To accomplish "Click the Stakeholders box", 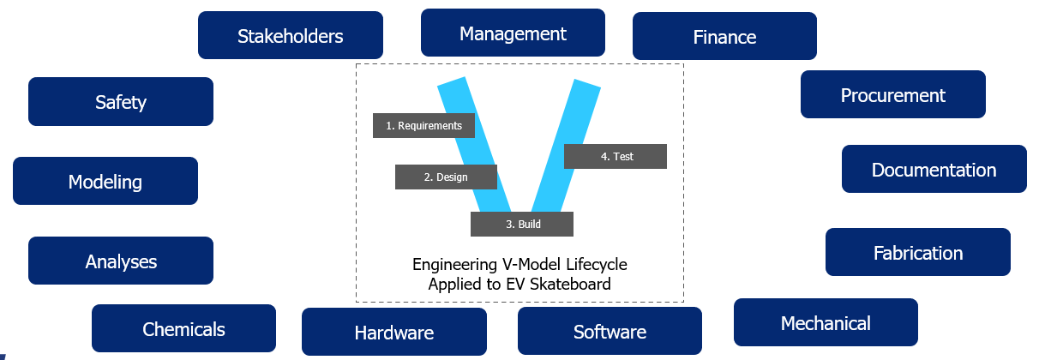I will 290,35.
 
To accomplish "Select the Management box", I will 513,33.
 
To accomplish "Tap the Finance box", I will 724,36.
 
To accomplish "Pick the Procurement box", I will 892,94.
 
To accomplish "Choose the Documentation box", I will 934,169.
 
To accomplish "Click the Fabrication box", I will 917,252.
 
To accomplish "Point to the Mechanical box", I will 826,322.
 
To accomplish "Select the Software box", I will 610,331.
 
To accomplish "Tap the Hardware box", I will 393,332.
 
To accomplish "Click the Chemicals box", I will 183,328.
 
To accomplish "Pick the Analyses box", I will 121,261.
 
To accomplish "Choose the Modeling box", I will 105,181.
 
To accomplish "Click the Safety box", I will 121,102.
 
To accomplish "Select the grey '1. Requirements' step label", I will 423,125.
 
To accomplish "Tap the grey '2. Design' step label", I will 446,177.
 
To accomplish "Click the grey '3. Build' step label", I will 522,224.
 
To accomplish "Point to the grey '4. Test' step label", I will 616,156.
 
